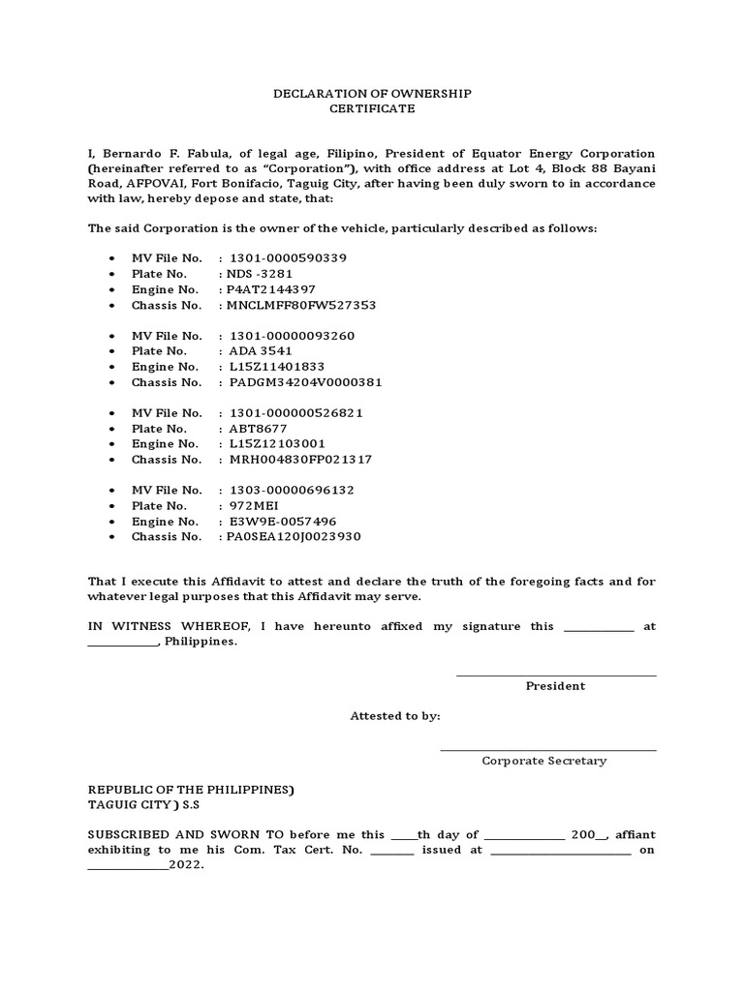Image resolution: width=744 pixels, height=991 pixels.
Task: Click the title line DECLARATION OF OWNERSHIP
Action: [371, 93]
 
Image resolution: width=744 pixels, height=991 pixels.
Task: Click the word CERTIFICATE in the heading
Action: [371, 108]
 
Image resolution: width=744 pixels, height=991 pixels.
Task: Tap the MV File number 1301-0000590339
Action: [288, 258]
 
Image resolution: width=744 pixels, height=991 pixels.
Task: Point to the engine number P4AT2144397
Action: [270, 289]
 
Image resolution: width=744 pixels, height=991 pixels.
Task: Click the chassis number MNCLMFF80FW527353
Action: [300, 305]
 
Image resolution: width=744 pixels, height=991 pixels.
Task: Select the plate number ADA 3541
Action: [260, 350]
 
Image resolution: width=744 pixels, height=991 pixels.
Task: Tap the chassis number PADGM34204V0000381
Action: [305, 381]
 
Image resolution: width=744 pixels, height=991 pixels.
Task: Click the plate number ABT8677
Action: [258, 428]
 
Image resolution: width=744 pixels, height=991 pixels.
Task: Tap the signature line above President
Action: [555, 675]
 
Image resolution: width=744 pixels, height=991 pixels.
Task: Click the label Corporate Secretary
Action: [543, 761]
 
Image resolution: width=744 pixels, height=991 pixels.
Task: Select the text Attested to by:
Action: [394, 716]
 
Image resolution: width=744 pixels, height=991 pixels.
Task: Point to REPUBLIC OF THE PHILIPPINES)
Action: [191, 789]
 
